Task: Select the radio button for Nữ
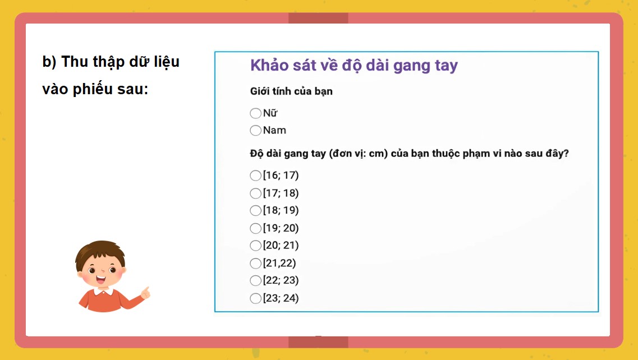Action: (x=256, y=113)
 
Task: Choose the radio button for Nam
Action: (x=256, y=131)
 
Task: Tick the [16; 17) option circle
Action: (x=256, y=176)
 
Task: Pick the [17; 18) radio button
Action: (x=256, y=193)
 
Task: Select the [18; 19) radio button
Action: (x=256, y=211)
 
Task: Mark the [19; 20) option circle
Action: (x=256, y=228)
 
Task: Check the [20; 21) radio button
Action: (x=256, y=246)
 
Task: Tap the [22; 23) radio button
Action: (x=256, y=280)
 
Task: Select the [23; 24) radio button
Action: (x=256, y=298)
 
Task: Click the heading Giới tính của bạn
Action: (x=291, y=91)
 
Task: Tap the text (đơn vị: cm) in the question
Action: (x=360, y=154)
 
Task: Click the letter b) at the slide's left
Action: (x=49, y=62)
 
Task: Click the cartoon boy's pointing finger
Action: (x=146, y=291)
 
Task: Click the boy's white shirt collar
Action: (x=102, y=290)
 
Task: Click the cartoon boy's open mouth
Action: (x=102, y=278)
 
